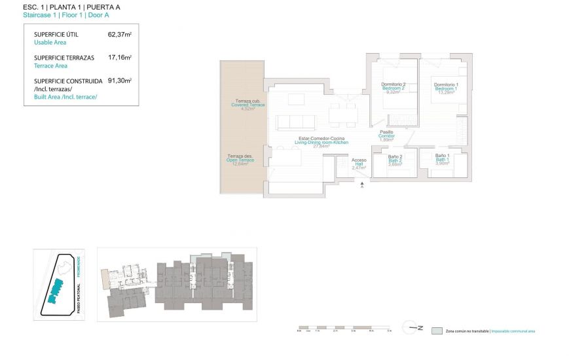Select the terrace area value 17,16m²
pyautogui.click(x=119, y=58)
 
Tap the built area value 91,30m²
pyautogui.click(x=119, y=81)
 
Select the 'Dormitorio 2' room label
pyautogui.click(x=393, y=84)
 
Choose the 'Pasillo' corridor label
pyautogui.click(x=386, y=132)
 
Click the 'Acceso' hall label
pyautogui.click(x=359, y=160)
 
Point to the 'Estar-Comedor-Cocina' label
pyautogui.click(x=321, y=139)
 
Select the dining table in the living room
pyautogui.click(x=342, y=116)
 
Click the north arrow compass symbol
pyautogui.click(x=413, y=329)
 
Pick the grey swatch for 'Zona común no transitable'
pyautogui.click(x=437, y=331)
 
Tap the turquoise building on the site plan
pyautogui.click(x=55, y=289)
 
